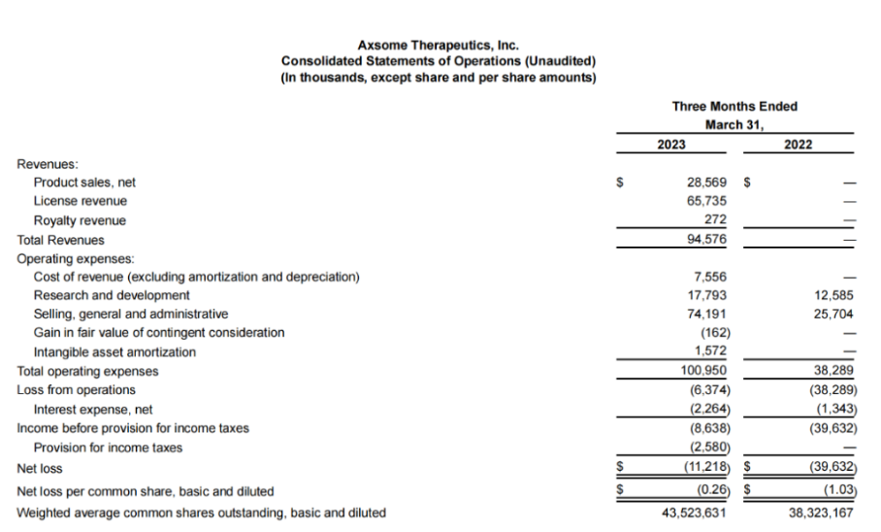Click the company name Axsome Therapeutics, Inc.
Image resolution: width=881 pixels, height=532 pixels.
438,45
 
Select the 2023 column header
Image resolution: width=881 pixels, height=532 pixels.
669,145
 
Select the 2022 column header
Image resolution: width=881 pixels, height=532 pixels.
798,145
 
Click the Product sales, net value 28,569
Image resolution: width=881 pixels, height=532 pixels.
705,183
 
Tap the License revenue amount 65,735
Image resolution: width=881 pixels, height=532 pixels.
705,201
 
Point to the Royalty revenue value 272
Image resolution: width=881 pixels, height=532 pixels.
715,220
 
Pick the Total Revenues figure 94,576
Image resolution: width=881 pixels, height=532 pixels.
705,239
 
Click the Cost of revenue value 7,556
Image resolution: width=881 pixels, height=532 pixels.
709,277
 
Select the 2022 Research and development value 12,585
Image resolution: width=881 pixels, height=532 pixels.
832,295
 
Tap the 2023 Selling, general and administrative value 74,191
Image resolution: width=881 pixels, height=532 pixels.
705,314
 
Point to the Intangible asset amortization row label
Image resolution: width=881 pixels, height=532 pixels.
114,351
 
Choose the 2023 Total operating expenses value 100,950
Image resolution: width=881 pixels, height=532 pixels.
702,371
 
